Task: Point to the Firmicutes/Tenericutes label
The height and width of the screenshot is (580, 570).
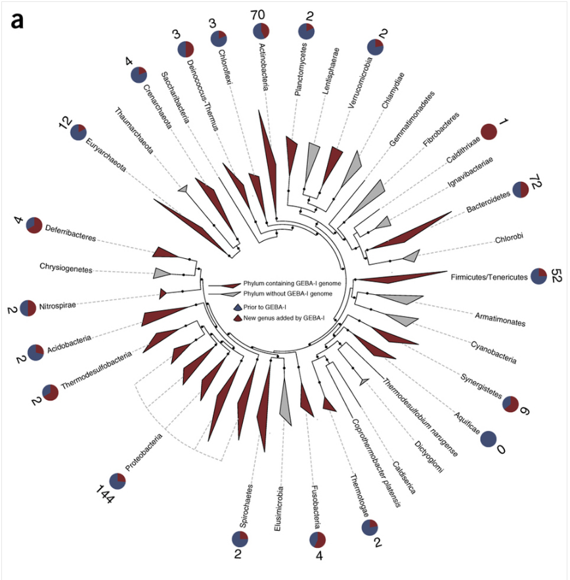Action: point(489,277)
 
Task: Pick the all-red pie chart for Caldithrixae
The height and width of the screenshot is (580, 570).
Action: point(489,131)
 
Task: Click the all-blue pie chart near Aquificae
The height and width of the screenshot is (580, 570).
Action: point(487,439)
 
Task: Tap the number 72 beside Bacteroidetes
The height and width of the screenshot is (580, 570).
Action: point(537,189)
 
